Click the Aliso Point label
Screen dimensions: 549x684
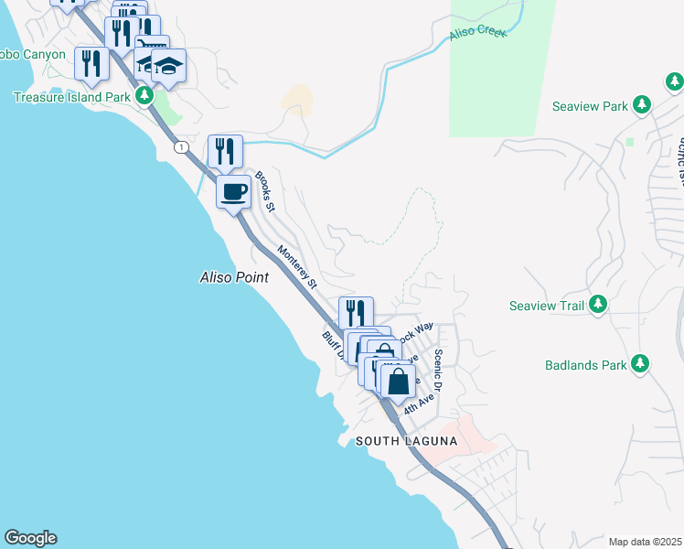(234, 276)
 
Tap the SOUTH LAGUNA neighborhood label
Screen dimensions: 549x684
(406, 441)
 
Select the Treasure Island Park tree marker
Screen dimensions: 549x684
(144, 96)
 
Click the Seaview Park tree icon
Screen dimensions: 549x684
(643, 106)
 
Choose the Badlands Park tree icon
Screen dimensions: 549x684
(641, 365)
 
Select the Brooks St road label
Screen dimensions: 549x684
(265, 191)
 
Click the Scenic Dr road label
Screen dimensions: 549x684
(439, 370)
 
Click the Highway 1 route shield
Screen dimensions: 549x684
(182, 147)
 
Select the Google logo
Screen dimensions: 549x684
(30, 538)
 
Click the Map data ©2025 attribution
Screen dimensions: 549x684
(644, 542)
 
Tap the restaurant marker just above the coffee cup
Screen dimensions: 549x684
(225, 151)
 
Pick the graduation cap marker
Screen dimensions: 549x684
(168, 65)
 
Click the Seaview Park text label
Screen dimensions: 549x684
(590, 106)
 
